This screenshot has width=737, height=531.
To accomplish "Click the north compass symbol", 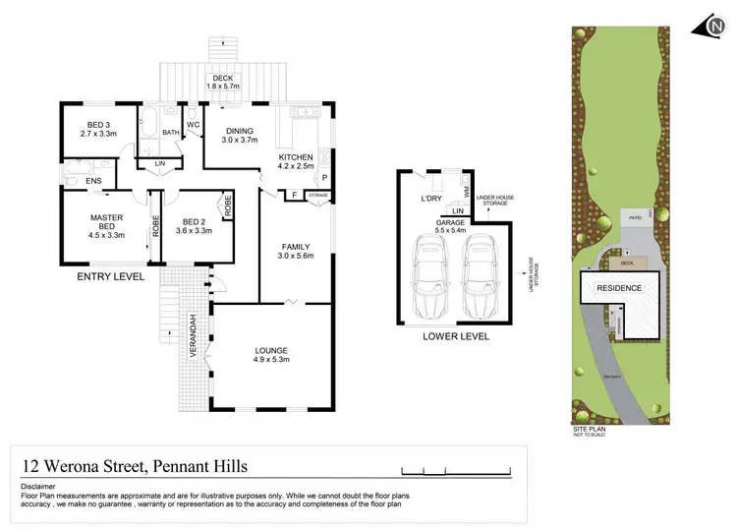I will [713, 28].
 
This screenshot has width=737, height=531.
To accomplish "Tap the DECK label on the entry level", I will [223, 79].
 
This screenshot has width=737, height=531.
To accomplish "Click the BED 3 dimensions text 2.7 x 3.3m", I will [98, 132].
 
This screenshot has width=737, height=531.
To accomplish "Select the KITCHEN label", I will [295, 156].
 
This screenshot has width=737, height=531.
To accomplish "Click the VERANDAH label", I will [195, 335].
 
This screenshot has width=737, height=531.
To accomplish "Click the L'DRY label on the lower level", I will [432, 200].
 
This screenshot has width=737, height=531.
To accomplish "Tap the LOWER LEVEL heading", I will [455, 336].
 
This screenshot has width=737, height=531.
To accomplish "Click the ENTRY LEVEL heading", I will [110, 278].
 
